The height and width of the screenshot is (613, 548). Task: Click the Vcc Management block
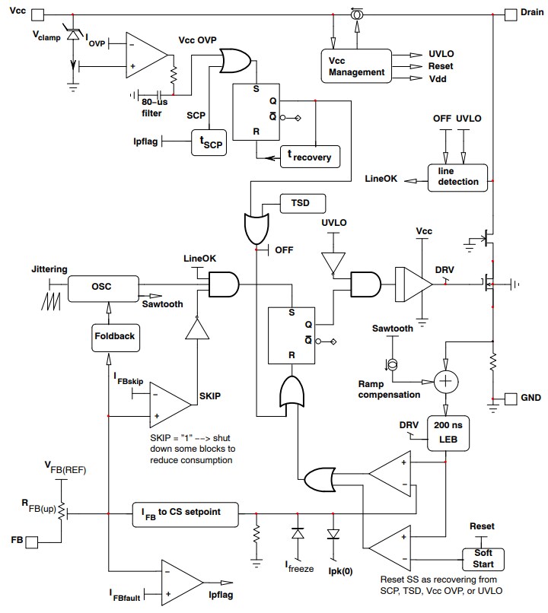356,67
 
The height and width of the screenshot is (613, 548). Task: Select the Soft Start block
483,559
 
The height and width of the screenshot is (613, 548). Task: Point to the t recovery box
311,156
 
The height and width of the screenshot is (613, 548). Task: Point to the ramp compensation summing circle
446,380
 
